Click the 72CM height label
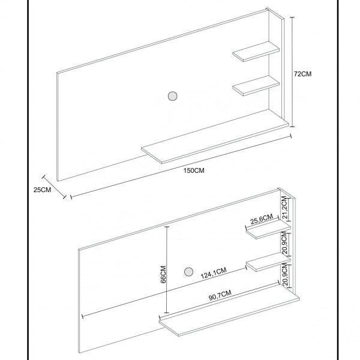point(303,74)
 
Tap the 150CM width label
point(194,170)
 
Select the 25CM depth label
point(42,190)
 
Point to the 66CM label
point(163,274)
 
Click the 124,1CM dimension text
point(214,273)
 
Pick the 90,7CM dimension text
point(220,295)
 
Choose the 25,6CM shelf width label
point(262,219)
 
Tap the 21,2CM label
point(284,208)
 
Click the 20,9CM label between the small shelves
point(284,242)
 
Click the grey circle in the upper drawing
point(172,96)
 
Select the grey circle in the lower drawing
point(189,272)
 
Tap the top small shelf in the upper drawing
point(256,52)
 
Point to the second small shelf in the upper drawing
point(256,86)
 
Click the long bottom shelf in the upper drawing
point(215,136)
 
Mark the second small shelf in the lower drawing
point(268,262)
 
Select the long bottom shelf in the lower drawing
point(229,311)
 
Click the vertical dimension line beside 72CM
point(292,72)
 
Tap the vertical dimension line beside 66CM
point(167,269)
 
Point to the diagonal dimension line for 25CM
point(54,187)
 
